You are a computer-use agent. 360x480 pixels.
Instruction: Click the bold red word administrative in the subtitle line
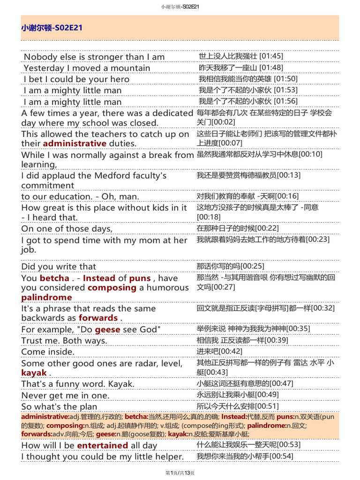[x=75, y=143]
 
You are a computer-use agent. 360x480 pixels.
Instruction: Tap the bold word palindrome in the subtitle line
[x=46, y=297]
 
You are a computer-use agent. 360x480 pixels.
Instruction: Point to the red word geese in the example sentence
[x=108, y=330]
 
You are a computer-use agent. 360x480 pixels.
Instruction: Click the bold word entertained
[x=102, y=445]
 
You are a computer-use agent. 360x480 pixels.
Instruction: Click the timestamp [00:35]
[x=298, y=329]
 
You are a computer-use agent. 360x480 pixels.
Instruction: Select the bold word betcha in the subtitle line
[x=54, y=278]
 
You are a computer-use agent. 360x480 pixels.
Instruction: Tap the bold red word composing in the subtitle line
[x=112, y=287]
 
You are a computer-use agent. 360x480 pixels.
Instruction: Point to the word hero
[x=120, y=79]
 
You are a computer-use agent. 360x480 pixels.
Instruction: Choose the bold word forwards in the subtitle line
[x=98, y=318]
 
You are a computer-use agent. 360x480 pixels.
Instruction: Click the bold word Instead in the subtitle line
[x=99, y=278]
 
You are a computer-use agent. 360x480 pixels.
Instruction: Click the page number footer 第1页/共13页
[x=180, y=472]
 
